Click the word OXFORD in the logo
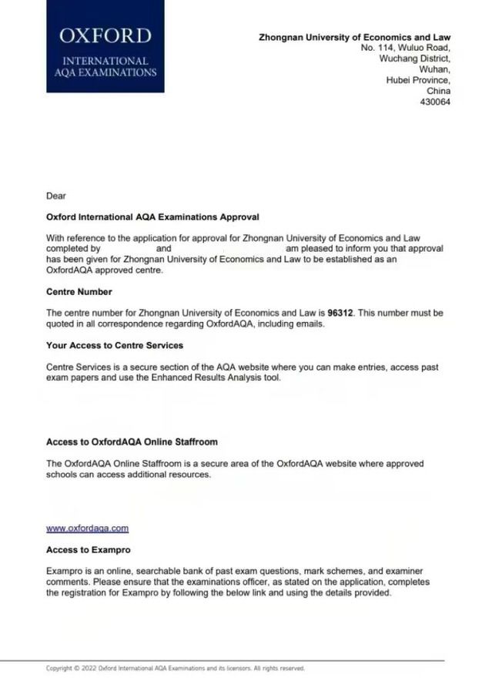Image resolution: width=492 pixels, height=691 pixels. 105,35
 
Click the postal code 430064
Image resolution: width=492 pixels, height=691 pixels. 435,102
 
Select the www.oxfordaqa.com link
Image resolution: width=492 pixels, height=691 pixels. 87,528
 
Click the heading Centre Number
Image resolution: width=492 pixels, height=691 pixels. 79,292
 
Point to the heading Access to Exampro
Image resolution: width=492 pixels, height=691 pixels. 88,550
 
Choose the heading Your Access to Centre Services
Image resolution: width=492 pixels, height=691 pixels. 115,346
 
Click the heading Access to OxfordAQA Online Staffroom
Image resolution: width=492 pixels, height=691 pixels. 132,442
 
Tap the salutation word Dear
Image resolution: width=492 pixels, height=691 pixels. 56,196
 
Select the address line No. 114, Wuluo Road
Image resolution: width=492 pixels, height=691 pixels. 405,48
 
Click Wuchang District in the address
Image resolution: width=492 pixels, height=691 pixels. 414,59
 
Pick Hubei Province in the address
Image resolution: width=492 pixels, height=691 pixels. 418,80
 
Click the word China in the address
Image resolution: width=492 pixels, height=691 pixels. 438,91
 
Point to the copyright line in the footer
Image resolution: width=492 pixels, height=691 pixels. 175,669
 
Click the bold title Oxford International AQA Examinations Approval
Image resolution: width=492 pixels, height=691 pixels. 152,217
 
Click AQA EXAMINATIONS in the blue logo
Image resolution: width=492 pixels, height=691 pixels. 105,72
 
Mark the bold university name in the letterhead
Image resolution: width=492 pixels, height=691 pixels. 354,37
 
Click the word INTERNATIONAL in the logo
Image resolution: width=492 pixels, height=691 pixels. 105,61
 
